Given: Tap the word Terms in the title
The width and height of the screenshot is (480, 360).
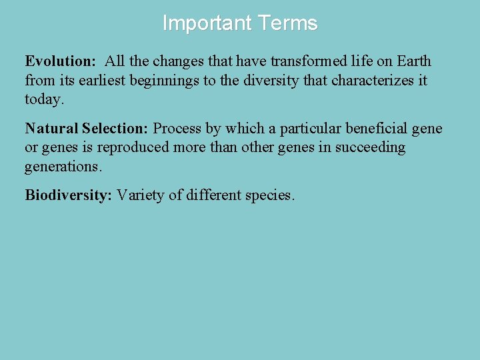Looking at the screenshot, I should pyautogui.click(x=288, y=23).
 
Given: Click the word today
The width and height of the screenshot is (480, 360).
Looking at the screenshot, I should pyautogui.click(x=44, y=100).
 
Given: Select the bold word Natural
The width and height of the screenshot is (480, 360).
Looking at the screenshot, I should pyautogui.click(x=51, y=129).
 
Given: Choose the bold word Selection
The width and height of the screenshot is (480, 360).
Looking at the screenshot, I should pyautogui.click(x=116, y=129).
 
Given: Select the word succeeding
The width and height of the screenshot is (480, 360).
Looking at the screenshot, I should pyautogui.click(x=371, y=148).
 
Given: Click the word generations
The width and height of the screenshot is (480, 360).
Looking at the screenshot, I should pyautogui.click(x=63, y=167).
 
